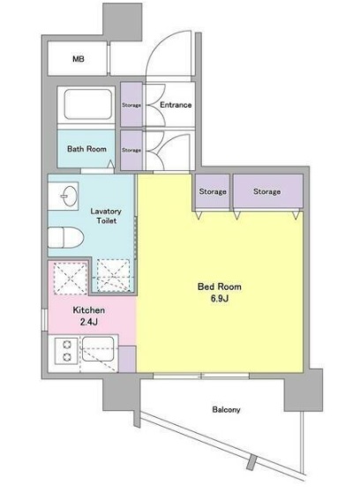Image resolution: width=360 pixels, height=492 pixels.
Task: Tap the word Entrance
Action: pyautogui.click(x=176, y=106)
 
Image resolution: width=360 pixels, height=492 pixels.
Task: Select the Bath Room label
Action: pyautogui.click(x=87, y=149)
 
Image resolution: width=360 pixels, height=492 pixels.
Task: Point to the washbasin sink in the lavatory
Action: pyautogui.click(x=66, y=194)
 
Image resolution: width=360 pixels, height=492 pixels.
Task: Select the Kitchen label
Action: pyautogui.click(x=89, y=311)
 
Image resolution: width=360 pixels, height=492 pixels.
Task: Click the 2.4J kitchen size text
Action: pyautogui.click(x=89, y=324)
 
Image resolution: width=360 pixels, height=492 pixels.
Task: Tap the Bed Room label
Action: pyautogui.click(x=220, y=287)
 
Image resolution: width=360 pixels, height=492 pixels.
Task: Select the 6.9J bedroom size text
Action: pyautogui.click(x=220, y=300)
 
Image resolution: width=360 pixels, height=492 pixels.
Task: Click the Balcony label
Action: pyautogui.click(x=227, y=410)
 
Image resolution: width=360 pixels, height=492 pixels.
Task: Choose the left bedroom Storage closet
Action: pyautogui.click(x=213, y=192)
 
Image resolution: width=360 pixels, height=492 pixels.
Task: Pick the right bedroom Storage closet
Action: pyautogui.click(x=266, y=192)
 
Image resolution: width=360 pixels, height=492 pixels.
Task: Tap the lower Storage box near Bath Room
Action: pyautogui.click(x=131, y=150)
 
